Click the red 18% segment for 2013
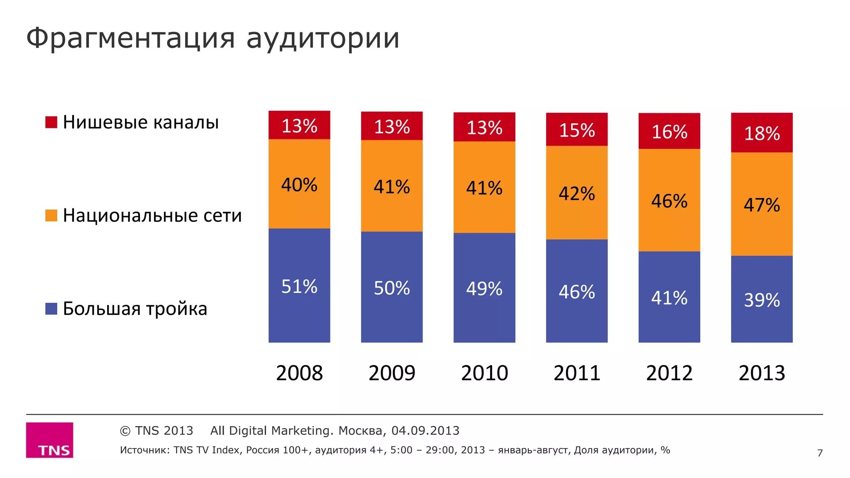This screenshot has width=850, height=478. pyautogui.click(x=762, y=133)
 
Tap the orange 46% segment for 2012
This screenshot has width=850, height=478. pyautogui.click(x=669, y=200)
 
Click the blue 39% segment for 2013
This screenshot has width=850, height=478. pyautogui.click(x=762, y=299)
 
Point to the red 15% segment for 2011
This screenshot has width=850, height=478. pyautogui.click(x=576, y=129)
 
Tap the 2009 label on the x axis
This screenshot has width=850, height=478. pyautogui.click(x=392, y=373)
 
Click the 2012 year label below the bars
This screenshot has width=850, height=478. pyautogui.click(x=669, y=373)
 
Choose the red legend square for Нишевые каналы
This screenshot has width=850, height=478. pyautogui.click(x=51, y=122)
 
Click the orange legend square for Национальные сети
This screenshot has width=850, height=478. pyautogui.click(x=51, y=215)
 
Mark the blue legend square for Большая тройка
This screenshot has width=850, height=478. pyautogui.click(x=51, y=309)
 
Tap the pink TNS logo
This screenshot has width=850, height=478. pyautogui.click(x=50, y=440)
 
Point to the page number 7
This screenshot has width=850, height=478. pyautogui.click(x=820, y=453)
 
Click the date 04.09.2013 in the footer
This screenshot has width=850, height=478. pyautogui.click(x=425, y=431)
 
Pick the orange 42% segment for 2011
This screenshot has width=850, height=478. pyautogui.click(x=576, y=193)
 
